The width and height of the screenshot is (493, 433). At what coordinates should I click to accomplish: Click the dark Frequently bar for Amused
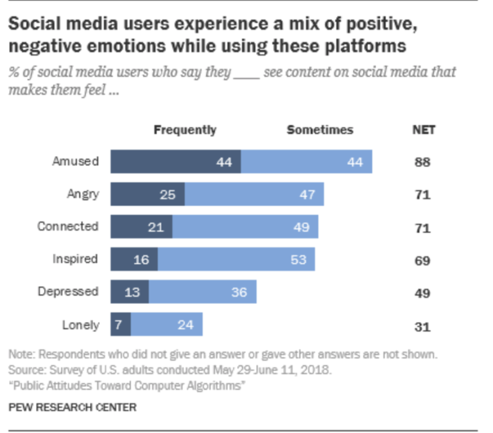point(175,162)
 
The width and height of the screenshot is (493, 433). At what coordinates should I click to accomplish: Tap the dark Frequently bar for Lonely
point(121,325)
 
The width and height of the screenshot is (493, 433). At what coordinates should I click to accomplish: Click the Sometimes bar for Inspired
point(238,259)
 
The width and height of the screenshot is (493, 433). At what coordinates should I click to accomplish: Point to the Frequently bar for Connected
point(141,227)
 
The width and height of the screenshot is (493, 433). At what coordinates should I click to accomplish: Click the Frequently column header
point(185,130)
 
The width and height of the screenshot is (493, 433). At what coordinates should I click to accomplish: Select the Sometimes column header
point(320,130)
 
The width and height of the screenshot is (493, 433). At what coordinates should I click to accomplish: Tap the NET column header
point(423,130)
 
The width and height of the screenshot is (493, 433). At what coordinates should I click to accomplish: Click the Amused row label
point(76,162)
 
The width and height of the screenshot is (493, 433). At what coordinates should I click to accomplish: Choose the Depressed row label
point(68,292)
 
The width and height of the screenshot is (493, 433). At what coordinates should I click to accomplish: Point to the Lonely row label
point(80,325)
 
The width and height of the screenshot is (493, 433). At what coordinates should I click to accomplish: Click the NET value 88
point(422,162)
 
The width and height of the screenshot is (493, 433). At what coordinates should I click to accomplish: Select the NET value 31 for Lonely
point(422,325)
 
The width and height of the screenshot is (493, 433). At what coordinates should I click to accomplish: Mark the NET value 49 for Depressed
point(422,293)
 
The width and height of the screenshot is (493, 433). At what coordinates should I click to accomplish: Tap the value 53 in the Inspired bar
point(298,260)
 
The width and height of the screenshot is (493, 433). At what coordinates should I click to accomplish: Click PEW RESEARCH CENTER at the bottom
point(72,407)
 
